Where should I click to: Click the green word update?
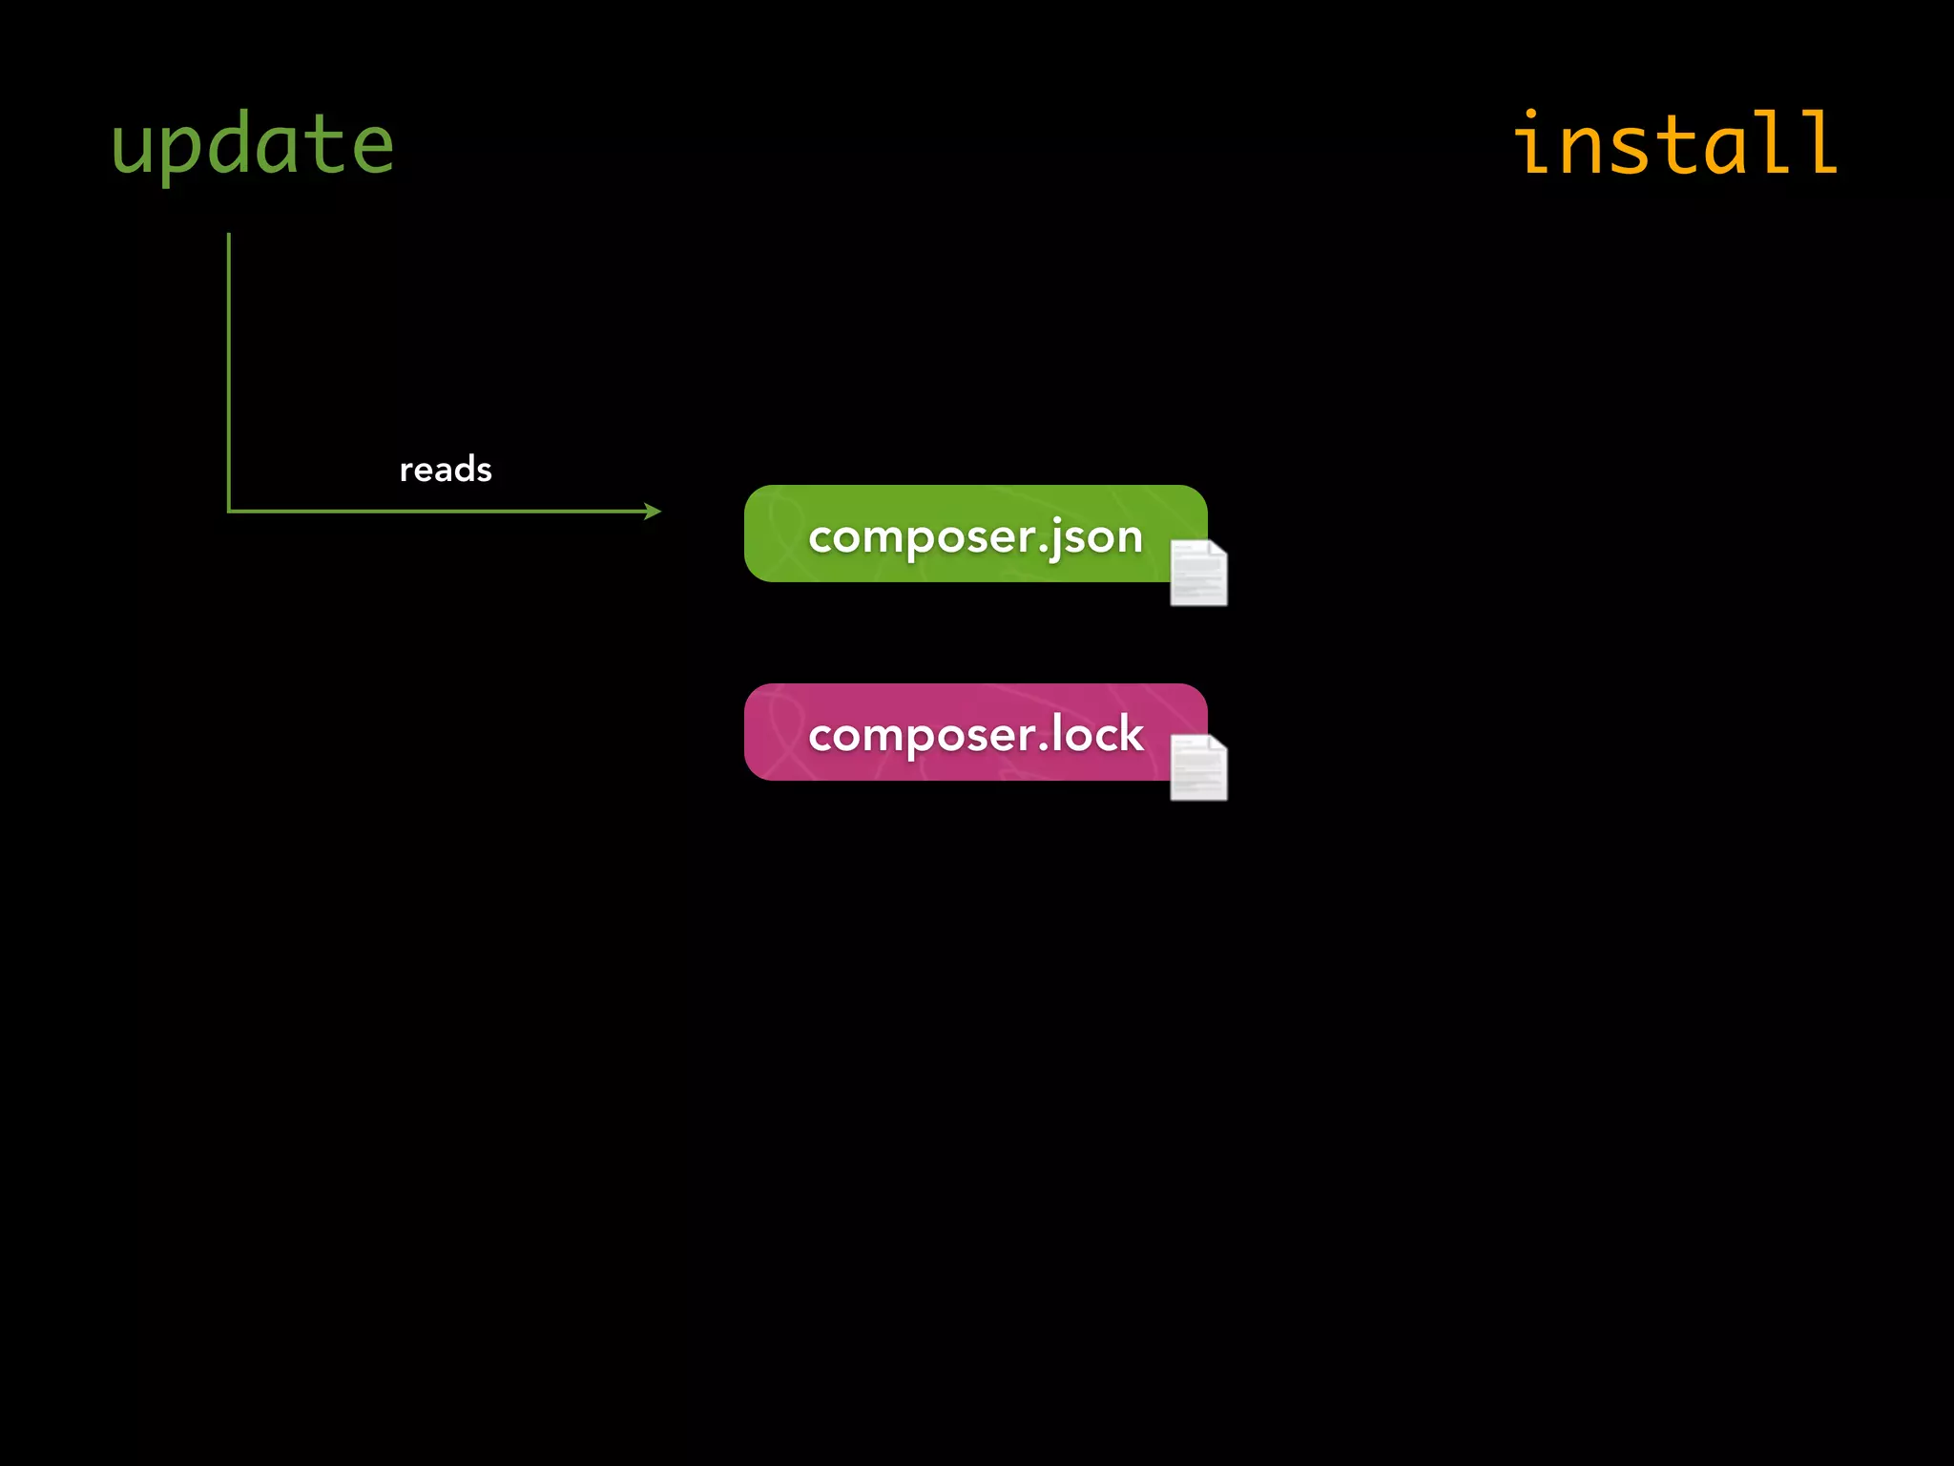tap(252, 145)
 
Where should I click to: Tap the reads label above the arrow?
tap(446, 470)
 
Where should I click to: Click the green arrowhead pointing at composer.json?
tap(654, 512)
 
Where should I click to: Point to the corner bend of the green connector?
tap(229, 512)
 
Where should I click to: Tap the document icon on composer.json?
tap(1198, 573)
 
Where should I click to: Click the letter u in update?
tap(131, 149)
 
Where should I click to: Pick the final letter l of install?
tap(1817, 143)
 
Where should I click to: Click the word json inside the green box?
tap(1097, 537)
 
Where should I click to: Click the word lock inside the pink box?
tap(1096, 734)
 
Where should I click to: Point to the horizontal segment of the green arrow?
tap(439, 512)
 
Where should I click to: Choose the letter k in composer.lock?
tap(1132, 734)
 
